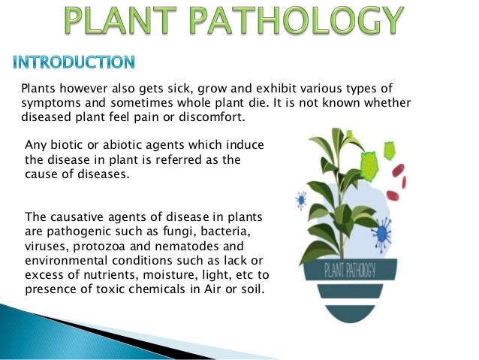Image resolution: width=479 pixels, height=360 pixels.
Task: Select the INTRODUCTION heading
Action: pyautogui.click(x=74, y=62)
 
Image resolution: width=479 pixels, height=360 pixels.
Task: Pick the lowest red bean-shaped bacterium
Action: pyautogui.click(x=403, y=181)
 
